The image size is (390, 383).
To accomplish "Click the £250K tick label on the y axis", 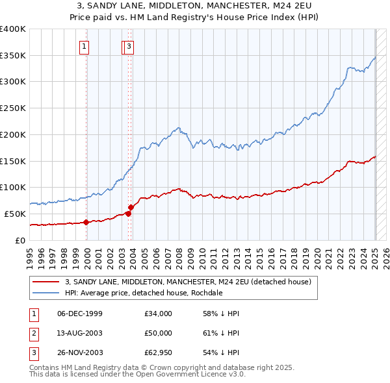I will click(x=12, y=108).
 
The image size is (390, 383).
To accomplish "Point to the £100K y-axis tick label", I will click(x=12, y=187).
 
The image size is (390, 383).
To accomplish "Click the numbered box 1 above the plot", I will click(x=85, y=45).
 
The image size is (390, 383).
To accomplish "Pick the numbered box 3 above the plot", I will click(x=129, y=45).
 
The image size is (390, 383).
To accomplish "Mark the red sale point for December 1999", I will click(x=86, y=222).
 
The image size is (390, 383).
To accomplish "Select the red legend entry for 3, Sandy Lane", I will click(x=188, y=282).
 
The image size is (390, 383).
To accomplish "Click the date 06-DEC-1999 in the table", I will click(x=80, y=314).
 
